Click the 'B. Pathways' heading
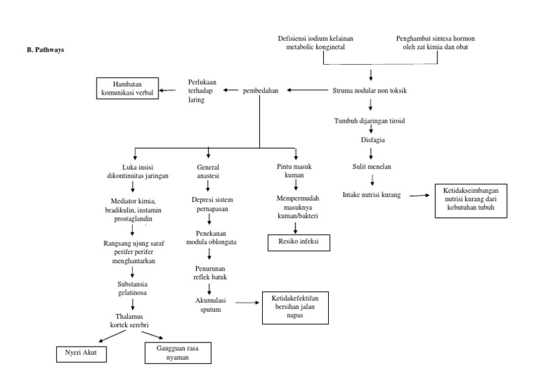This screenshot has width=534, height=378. pyautogui.click(x=45, y=50)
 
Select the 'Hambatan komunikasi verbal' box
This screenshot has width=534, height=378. pyautogui.click(x=125, y=90)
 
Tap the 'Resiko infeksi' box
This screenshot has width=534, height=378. pyautogui.click(x=298, y=242)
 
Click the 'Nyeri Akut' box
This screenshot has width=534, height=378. pyautogui.click(x=81, y=354)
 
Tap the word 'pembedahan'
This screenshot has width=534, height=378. pyautogui.click(x=259, y=90)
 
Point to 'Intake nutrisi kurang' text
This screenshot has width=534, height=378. pyautogui.click(x=372, y=194)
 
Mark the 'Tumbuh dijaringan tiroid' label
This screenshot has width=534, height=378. pyautogui.click(x=370, y=120)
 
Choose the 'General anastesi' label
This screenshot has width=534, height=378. pyautogui.click(x=209, y=172)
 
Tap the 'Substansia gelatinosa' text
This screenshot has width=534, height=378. pyautogui.click(x=132, y=289)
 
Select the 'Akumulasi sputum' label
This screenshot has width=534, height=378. pyautogui.click(x=209, y=305)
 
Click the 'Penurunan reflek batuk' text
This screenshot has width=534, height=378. pyautogui.click(x=209, y=272)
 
